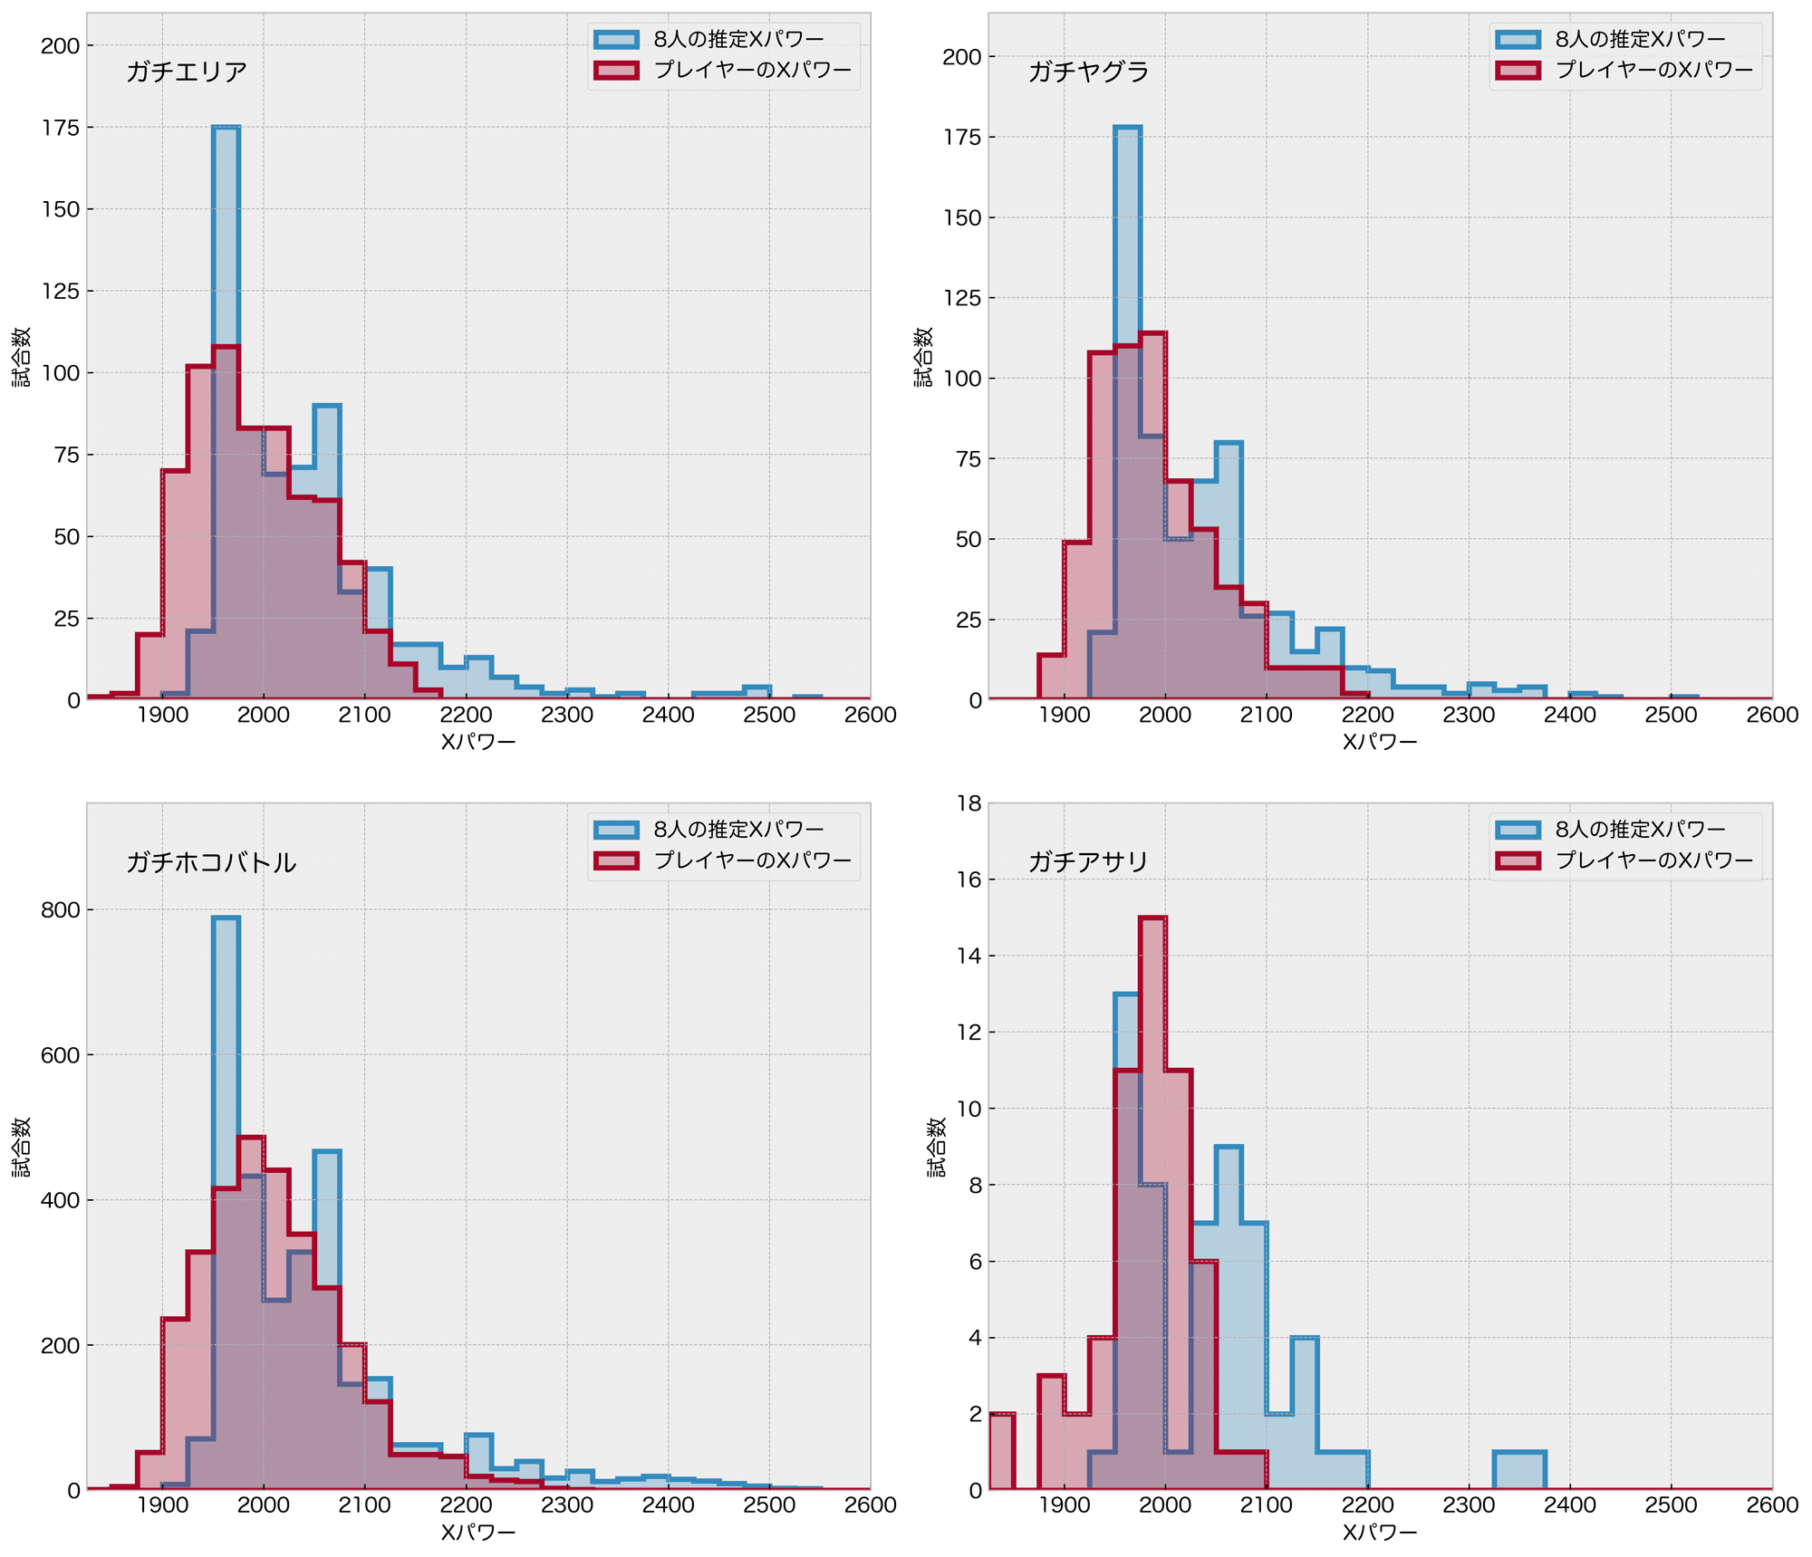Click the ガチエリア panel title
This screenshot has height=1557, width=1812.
[187, 72]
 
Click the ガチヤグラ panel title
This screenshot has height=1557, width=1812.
[1088, 72]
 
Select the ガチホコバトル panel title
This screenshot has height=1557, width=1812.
[211, 862]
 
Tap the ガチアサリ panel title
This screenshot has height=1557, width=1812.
[1088, 861]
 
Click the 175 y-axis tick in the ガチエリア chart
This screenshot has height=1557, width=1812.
[61, 128]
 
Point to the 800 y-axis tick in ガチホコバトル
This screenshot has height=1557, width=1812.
[61, 910]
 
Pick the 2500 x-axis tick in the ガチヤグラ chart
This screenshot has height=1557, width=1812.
[1671, 715]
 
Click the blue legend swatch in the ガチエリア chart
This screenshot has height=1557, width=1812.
[616, 39]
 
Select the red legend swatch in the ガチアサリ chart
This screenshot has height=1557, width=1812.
[1518, 860]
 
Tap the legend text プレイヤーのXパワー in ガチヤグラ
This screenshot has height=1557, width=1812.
[1654, 70]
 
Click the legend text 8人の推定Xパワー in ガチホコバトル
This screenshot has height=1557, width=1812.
[738, 829]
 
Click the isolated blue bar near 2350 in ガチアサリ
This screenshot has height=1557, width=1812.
[1519, 1472]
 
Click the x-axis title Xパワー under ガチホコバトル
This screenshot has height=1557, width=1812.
[477, 1533]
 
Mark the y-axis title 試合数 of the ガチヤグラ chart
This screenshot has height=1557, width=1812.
[922, 357]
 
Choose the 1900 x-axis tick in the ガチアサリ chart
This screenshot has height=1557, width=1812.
[1064, 1505]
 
